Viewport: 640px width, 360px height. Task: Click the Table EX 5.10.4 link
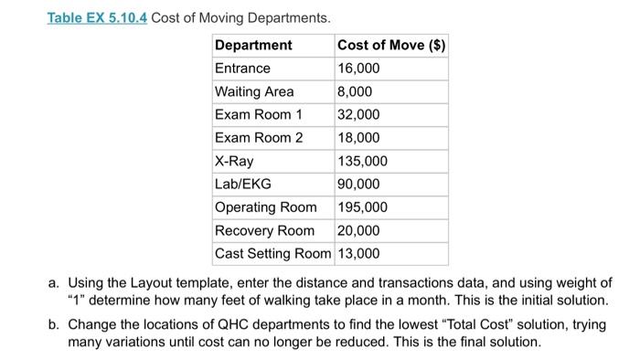point(97,17)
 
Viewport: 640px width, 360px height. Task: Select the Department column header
point(253,45)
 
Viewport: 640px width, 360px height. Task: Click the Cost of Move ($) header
point(390,45)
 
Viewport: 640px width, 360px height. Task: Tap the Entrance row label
point(242,69)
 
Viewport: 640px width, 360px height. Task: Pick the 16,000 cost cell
point(358,69)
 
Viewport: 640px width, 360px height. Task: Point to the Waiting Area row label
point(254,91)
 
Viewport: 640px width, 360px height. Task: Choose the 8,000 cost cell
point(355,91)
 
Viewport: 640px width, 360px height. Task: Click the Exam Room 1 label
point(259,115)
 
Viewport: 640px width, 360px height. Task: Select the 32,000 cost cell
point(358,115)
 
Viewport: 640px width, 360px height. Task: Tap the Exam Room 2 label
point(259,138)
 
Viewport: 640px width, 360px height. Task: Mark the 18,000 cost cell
point(358,138)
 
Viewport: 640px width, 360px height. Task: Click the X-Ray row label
point(234,161)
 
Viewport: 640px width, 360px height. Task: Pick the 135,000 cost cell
point(362,161)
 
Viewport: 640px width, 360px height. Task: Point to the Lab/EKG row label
point(242,184)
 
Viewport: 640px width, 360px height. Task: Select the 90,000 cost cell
point(358,184)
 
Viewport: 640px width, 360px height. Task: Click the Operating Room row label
point(266,207)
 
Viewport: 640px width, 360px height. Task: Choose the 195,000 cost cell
point(362,207)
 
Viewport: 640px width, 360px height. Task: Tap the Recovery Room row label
point(264,230)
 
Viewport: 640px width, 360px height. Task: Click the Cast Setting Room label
point(273,253)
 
